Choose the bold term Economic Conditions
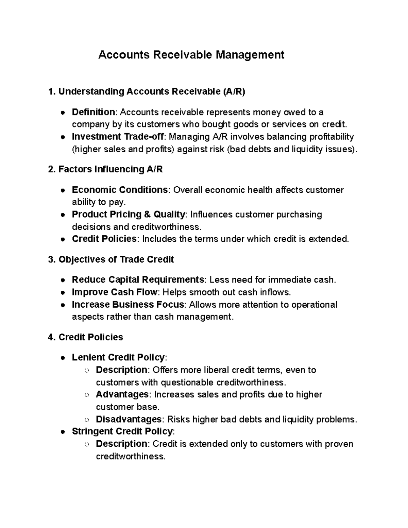pos(120,190)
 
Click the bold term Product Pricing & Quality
pos(129,215)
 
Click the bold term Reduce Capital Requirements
pos(138,280)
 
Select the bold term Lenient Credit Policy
pos(118,357)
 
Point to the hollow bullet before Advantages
pos(87,395)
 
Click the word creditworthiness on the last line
pos(130,456)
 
